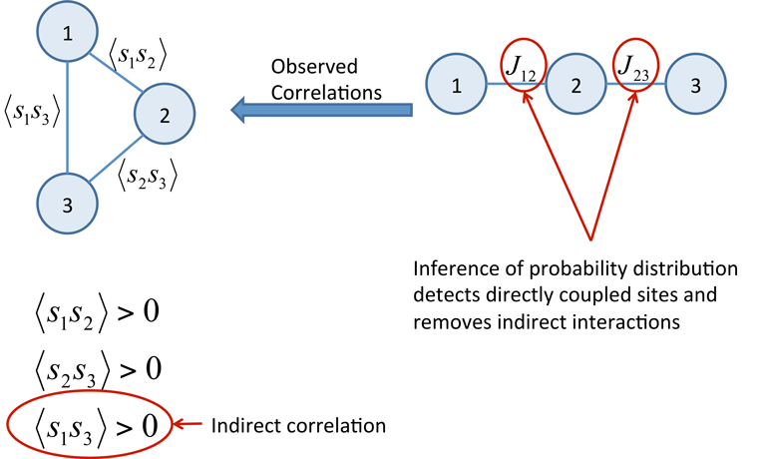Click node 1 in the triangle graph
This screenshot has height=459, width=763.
pyautogui.click(x=67, y=36)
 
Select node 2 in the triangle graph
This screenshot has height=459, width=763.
pyautogui.click(x=164, y=115)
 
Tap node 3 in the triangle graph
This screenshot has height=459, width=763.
pyautogui.click(x=67, y=206)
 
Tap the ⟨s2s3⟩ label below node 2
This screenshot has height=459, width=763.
pyautogui.click(x=147, y=178)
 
